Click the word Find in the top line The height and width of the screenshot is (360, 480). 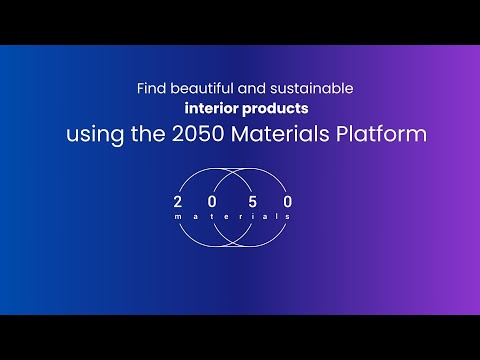coord(150,88)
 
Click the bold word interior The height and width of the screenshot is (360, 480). coord(210,108)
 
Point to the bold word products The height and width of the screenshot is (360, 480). coord(267,108)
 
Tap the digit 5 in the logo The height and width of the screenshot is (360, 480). coord(263,201)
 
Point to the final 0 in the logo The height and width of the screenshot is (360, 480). coord(290,201)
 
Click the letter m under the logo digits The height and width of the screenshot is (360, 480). coord(177,216)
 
